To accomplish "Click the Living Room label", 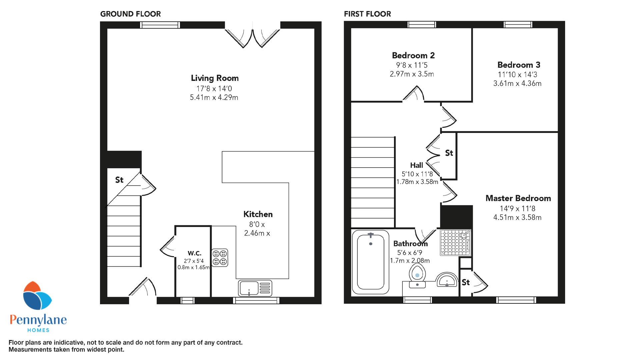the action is tap(215, 78).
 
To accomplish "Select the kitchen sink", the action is tap(255, 288).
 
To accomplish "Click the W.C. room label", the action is tap(194, 253).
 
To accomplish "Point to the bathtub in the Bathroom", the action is tap(370, 262).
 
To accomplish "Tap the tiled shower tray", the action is tap(455, 243).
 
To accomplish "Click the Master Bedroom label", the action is tap(518, 198).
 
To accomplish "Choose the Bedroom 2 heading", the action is tap(413, 55).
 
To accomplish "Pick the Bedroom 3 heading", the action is tap(519, 65).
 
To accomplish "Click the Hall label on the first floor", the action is tap(417, 165).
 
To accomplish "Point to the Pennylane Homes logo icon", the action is tap(37, 297).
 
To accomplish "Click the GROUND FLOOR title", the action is tap(130, 14).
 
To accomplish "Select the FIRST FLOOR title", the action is tap(367, 14).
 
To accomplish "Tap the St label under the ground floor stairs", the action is tap(119, 180).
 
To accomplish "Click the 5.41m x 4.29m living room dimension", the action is tap(214, 98).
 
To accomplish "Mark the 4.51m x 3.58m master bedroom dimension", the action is tap(517, 218).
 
